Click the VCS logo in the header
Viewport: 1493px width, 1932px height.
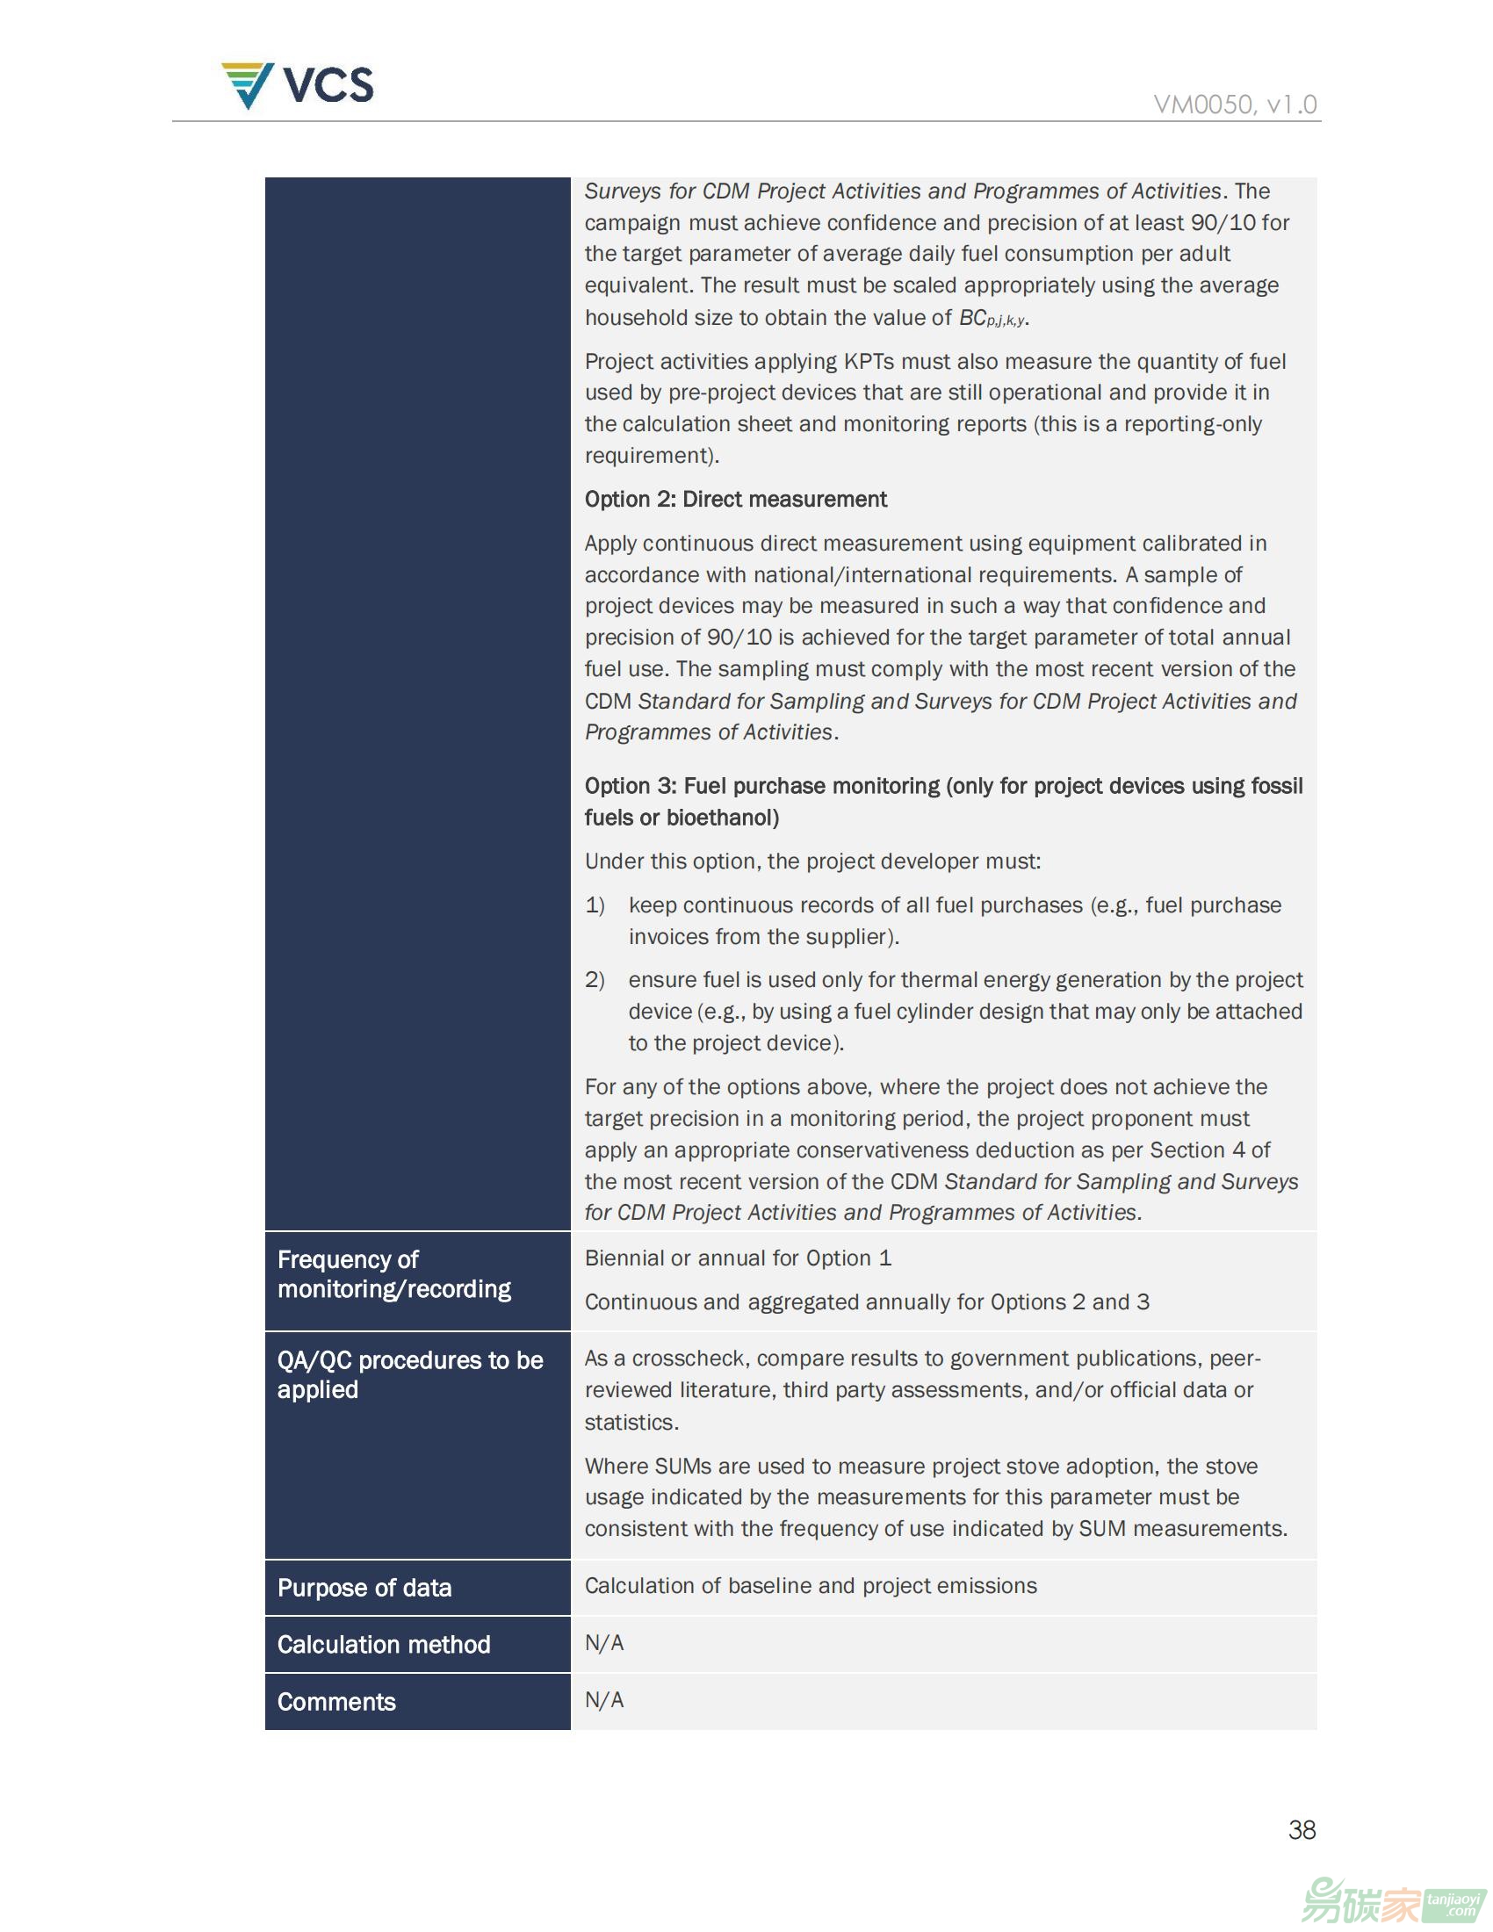click(x=297, y=85)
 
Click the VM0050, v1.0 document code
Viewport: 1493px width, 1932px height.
click(x=1235, y=105)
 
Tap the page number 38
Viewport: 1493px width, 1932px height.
click(x=1302, y=1829)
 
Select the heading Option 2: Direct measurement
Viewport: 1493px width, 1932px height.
click(x=735, y=499)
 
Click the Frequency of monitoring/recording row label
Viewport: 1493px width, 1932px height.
click(x=393, y=1274)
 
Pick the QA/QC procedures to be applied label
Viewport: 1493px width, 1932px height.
click(x=409, y=1373)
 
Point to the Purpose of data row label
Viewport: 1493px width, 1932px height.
click(x=364, y=1588)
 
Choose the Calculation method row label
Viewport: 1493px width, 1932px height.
click(x=383, y=1645)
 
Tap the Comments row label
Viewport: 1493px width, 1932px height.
click(x=336, y=1702)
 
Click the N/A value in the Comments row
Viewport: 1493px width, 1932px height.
click(x=604, y=1699)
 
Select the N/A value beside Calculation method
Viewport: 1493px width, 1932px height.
click(x=604, y=1643)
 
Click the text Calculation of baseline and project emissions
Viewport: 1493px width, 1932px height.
click(x=811, y=1585)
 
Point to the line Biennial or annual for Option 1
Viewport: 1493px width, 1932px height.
click(x=738, y=1258)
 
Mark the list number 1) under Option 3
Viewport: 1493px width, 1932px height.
click(x=595, y=905)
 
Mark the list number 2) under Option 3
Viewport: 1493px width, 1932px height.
click(x=595, y=979)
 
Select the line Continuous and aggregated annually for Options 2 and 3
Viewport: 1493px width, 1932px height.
click(x=867, y=1301)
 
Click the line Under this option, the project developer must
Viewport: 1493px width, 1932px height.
click(x=812, y=861)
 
